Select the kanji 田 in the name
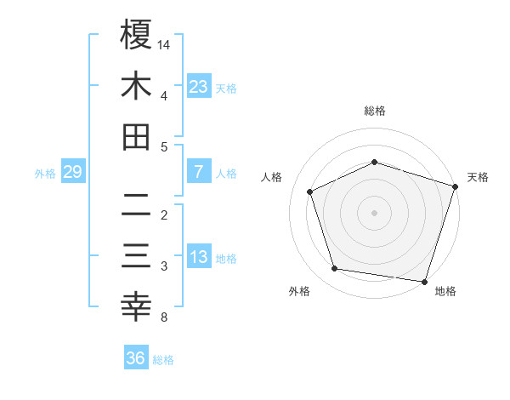pos(136,137)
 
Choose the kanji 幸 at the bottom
pos(136,307)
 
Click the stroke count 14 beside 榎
pos(164,44)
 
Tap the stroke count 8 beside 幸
pos(163,317)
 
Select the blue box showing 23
pos(198,86)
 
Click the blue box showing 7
pos(198,172)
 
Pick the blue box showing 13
pos(198,258)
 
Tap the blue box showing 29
pos(72,173)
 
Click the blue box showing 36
pos(136,358)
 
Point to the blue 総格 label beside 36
pos(163,360)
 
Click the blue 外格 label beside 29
pos(45,174)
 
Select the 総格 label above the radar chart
pos(375,111)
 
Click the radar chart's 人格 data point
pos(309,191)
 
